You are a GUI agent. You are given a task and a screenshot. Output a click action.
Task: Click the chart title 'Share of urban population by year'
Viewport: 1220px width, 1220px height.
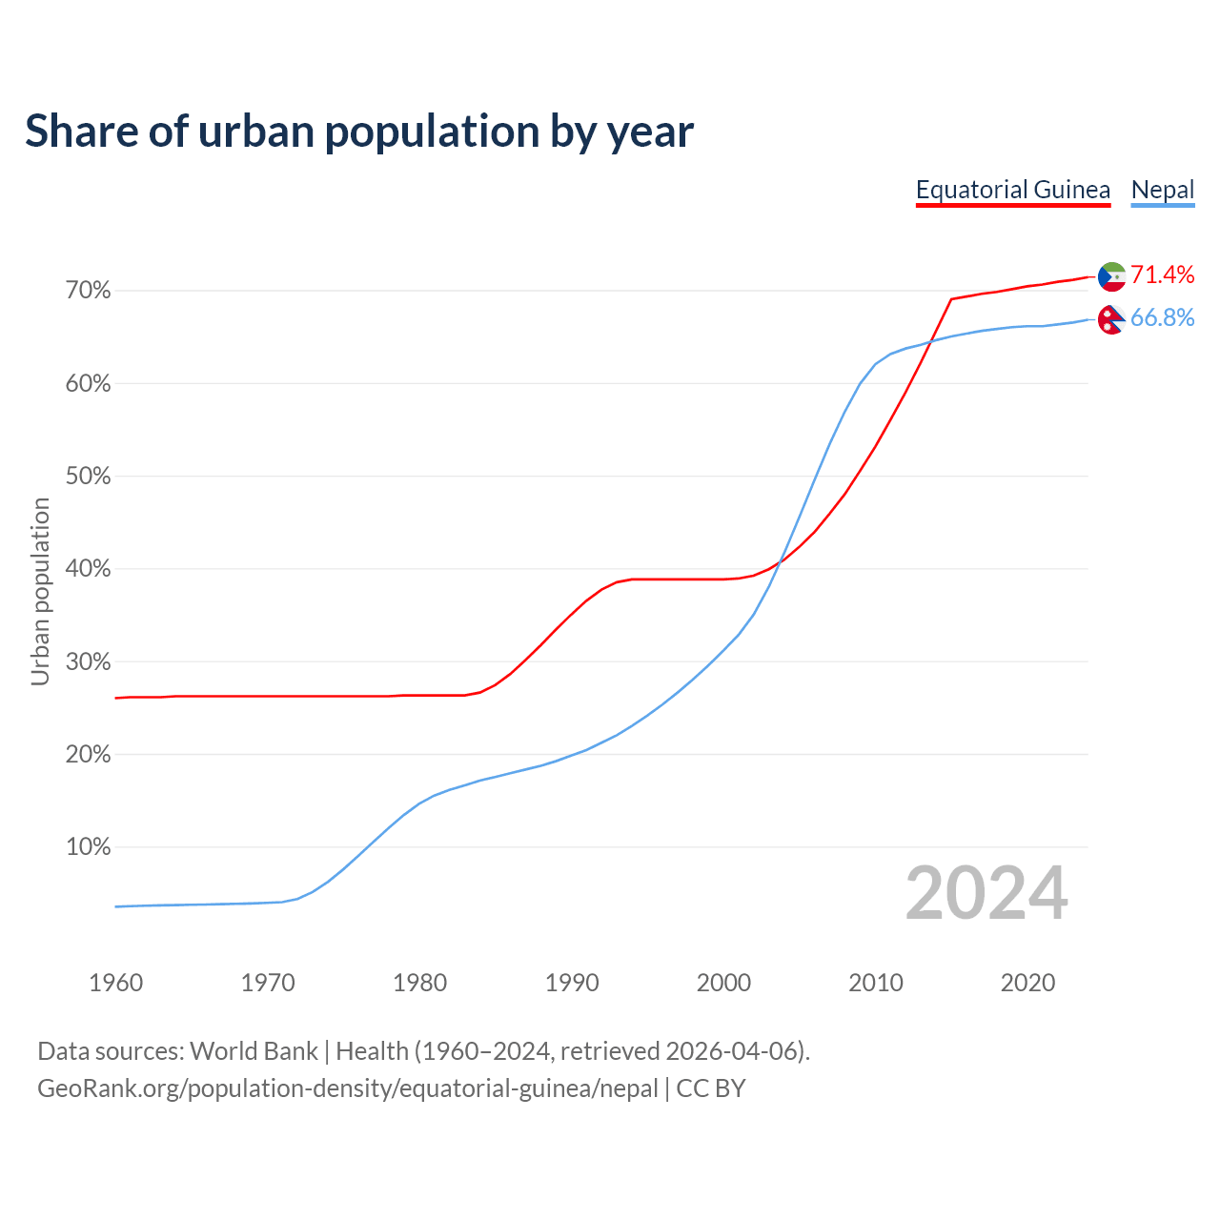coord(359,132)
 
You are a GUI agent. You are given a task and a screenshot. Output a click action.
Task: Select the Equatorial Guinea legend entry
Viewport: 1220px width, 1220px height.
coord(1012,190)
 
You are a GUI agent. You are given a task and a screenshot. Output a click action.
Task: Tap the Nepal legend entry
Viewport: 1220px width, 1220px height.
coord(1162,190)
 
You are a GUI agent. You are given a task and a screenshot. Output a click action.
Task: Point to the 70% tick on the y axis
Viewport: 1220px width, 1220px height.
coord(88,291)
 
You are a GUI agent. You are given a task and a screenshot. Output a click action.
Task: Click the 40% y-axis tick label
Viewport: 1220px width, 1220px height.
coord(88,569)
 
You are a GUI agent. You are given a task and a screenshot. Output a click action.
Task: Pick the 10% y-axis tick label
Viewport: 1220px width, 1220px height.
coord(88,847)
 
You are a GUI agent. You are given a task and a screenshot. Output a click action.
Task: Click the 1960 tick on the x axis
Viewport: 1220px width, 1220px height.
coord(115,983)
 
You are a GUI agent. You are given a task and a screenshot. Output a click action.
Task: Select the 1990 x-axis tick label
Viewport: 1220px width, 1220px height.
coord(572,983)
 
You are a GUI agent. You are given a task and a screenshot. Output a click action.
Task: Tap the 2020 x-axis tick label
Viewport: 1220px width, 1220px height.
coord(1027,983)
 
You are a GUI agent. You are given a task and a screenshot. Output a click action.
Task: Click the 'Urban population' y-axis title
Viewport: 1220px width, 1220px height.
coord(40,592)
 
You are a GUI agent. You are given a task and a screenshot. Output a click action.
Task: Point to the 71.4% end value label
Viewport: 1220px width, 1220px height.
coord(1162,275)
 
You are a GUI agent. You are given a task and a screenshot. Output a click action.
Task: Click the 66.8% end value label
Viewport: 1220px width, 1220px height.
coord(1162,318)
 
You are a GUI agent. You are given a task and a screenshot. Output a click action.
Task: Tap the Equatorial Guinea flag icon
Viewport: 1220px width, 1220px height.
coord(1111,276)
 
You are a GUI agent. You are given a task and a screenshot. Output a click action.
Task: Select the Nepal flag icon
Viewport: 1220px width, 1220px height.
coord(1111,319)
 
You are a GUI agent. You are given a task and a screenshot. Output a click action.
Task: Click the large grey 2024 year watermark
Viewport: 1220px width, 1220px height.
coord(986,893)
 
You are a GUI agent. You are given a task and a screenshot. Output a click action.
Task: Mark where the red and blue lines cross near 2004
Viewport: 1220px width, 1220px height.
coord(779,563)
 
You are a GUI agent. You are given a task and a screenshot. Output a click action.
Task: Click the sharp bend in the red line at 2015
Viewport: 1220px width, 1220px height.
coord(951,299)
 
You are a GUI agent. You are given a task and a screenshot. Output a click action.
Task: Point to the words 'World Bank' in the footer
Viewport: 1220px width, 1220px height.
coord(254,1051)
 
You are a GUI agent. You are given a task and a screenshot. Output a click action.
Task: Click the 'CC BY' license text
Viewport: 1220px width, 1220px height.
coord(711,1088)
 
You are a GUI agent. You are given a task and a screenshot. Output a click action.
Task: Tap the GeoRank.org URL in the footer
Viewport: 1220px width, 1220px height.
coord(348,1088)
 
